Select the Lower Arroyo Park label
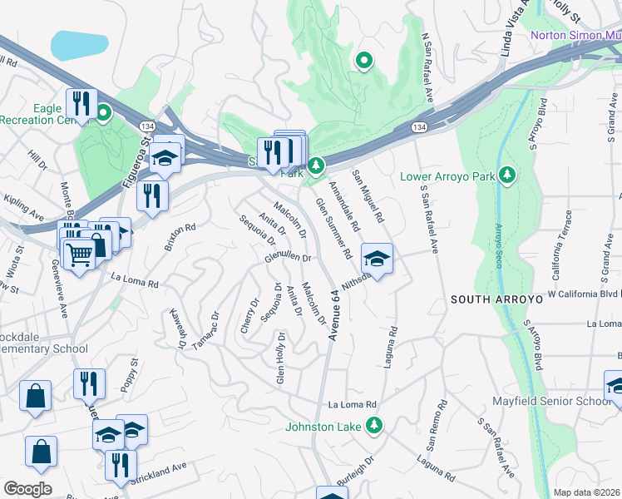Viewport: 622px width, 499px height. pos(447,176)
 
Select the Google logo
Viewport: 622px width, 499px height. pos(27,488)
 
